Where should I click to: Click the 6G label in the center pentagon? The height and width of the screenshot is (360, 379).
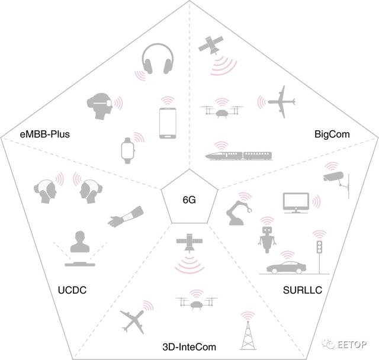pyautogui.click(x=189, y=200)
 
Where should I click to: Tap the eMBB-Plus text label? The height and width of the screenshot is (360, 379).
pyautogui.click(x=45, y=134)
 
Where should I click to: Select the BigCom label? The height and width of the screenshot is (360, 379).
pyautogui.click(x=332, y=134)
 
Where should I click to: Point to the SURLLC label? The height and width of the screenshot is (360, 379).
pyautogui.click(x=303, y=290)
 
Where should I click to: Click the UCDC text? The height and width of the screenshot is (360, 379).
pyautogui.click(x=72, y=290)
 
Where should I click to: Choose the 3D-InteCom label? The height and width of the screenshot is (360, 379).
pyautogui.click(x=189, y=347)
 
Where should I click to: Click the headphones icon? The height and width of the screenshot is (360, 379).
pyautogui.click(x=158, y=59)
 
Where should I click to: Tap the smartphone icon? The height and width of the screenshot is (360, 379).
pyautogui.click(x=168, y=123)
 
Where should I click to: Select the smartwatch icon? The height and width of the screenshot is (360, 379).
pyautogui.click(x=127, y=150)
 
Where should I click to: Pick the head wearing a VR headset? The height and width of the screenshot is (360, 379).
pyautogui.click(x=99, y=106)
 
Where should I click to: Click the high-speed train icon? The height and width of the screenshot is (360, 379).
pyautogui.click(x=239, y=156)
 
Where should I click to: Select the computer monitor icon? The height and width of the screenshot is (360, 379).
pyautogui.click(x=296, y=202)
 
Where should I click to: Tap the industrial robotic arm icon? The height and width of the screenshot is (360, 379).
pyautogui.click(x=238, y=213)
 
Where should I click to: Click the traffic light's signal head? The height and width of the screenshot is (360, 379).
pyautogui.click(x=320, y=247)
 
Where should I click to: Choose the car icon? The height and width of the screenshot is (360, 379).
pyautogui.click(x=286, y=267)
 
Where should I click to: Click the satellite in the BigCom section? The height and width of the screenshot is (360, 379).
pyautogui.click(x=211, y=44)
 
